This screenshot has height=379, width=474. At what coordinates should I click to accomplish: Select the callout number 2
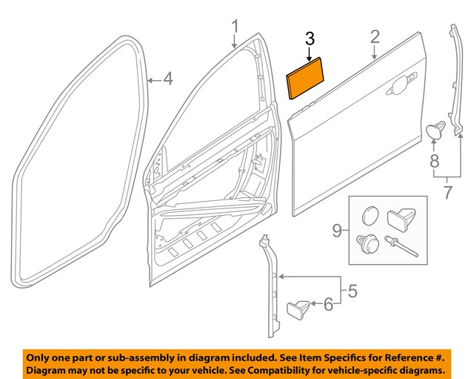(375, 37)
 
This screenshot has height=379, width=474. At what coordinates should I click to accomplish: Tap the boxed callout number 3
(310, 39)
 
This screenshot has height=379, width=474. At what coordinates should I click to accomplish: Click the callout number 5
(353, 291)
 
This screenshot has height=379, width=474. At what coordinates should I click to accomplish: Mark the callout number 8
(434, 161)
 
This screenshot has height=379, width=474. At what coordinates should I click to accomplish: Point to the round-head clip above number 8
(435, 131)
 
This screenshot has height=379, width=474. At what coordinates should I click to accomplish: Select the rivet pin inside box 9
(404, 246)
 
